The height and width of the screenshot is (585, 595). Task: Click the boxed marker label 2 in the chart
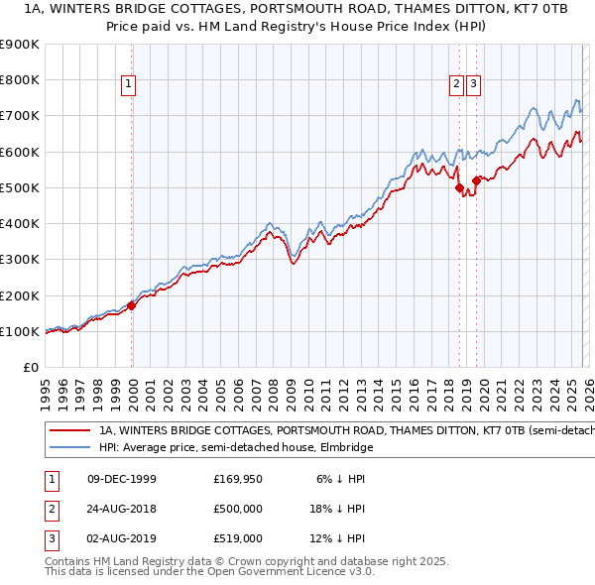tap(456, 85)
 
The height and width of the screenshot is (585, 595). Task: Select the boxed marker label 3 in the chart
tap(473, 85)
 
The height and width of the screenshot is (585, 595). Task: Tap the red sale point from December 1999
tap(132, 305)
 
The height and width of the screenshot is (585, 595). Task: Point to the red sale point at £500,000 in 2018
tap(459, 187)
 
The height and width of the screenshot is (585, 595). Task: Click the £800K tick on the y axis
tap(20, 79)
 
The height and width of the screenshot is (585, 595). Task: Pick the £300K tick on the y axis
tap(20, 260)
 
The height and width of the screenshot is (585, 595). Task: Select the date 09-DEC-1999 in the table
tap(122, 479)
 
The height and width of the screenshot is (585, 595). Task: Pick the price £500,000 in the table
tap(238, 509)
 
